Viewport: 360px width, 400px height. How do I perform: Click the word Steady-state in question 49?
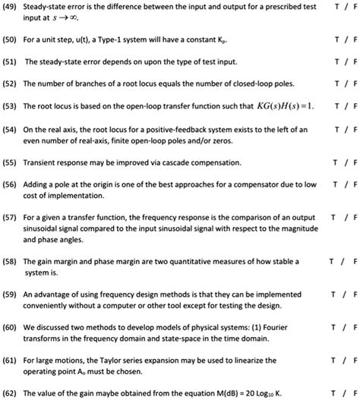tap(46, 7)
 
